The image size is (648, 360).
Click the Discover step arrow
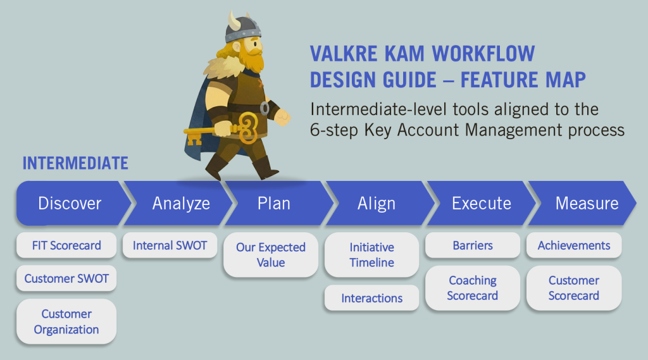70,203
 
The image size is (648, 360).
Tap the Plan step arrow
277,203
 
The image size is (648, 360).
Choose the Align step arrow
378,203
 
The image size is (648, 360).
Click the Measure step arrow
583,203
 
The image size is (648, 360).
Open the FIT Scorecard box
66,245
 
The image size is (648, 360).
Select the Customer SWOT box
66,278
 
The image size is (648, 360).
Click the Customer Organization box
66,321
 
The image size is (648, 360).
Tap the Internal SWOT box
170,245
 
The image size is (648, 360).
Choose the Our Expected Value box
271,254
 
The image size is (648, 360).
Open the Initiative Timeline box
372,254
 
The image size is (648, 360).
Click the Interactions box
372,298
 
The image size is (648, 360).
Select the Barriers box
473,245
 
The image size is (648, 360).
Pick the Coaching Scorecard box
473,288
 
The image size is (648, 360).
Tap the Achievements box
574,245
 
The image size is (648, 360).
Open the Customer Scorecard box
574,288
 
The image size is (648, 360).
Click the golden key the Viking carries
223,130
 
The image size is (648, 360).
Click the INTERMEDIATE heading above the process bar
75,163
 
